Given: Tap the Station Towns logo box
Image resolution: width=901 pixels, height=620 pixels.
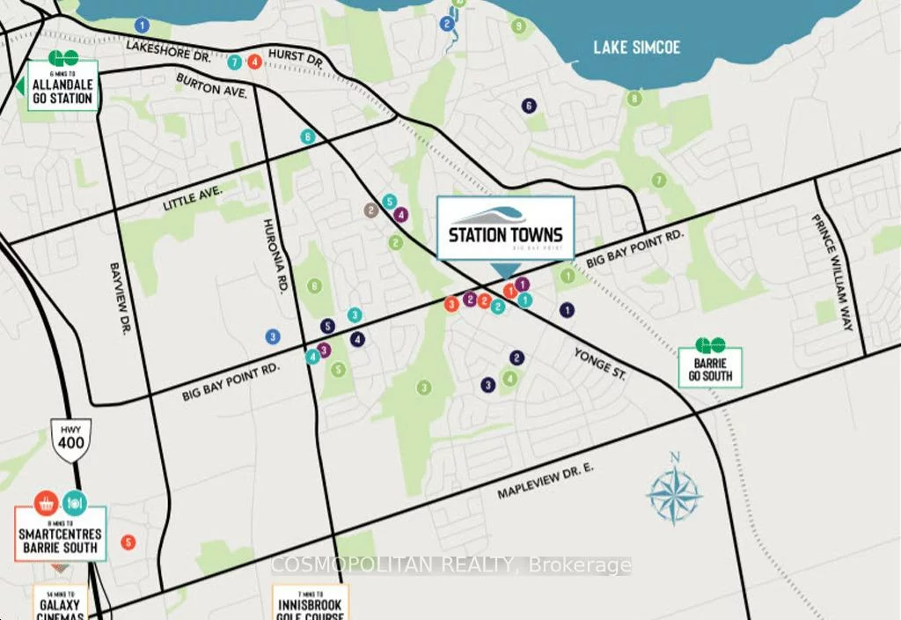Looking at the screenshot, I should (506, 228).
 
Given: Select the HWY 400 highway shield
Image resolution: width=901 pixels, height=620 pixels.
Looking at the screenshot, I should (71, 436).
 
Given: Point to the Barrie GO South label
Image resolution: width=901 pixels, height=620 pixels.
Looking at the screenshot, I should (710, 370).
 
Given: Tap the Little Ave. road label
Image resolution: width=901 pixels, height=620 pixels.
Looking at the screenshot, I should (194, 198).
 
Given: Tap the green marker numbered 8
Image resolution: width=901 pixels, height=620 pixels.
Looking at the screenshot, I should (634, 98).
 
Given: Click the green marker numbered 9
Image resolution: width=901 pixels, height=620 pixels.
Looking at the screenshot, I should (519, 26).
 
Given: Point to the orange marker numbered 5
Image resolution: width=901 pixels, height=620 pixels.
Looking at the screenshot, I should (129, 542).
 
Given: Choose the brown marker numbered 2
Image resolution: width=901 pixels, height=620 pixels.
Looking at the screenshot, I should (371, 210).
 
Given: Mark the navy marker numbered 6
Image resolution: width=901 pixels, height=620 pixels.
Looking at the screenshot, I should (528, 106).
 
